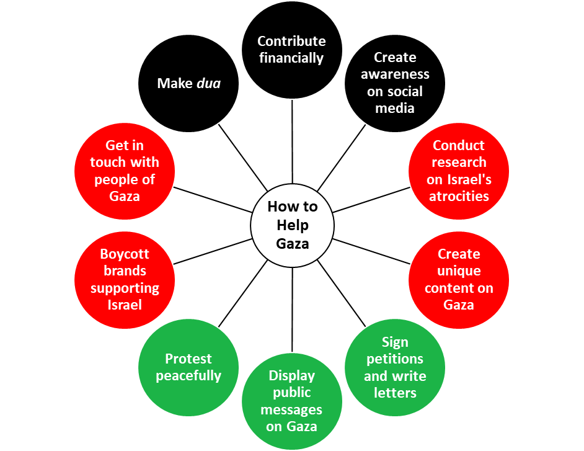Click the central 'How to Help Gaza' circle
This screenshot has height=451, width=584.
(292, 225)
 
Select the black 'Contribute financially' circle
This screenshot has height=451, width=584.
(292, 50)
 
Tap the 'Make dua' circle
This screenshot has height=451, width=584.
(189, 83)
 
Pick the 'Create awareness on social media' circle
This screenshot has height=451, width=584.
(395, 83)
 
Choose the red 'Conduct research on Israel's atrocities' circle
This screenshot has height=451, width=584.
(459, 171)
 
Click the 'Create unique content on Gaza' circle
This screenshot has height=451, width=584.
(459, 279)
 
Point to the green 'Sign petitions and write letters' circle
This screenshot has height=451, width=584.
(395, 367)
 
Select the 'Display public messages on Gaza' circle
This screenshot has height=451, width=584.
(292, 401)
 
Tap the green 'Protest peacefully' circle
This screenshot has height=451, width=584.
(189, 367)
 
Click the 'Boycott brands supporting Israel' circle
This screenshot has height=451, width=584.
(125, 279)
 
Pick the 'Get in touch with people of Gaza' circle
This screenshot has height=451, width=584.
(125, 171)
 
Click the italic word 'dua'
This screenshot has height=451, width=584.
(208, 83)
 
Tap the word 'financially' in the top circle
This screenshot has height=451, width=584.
(292, 58)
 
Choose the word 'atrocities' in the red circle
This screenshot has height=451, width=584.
(459, 196)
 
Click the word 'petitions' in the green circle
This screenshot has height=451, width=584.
(395, 359)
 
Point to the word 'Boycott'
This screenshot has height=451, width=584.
(125, 254)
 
